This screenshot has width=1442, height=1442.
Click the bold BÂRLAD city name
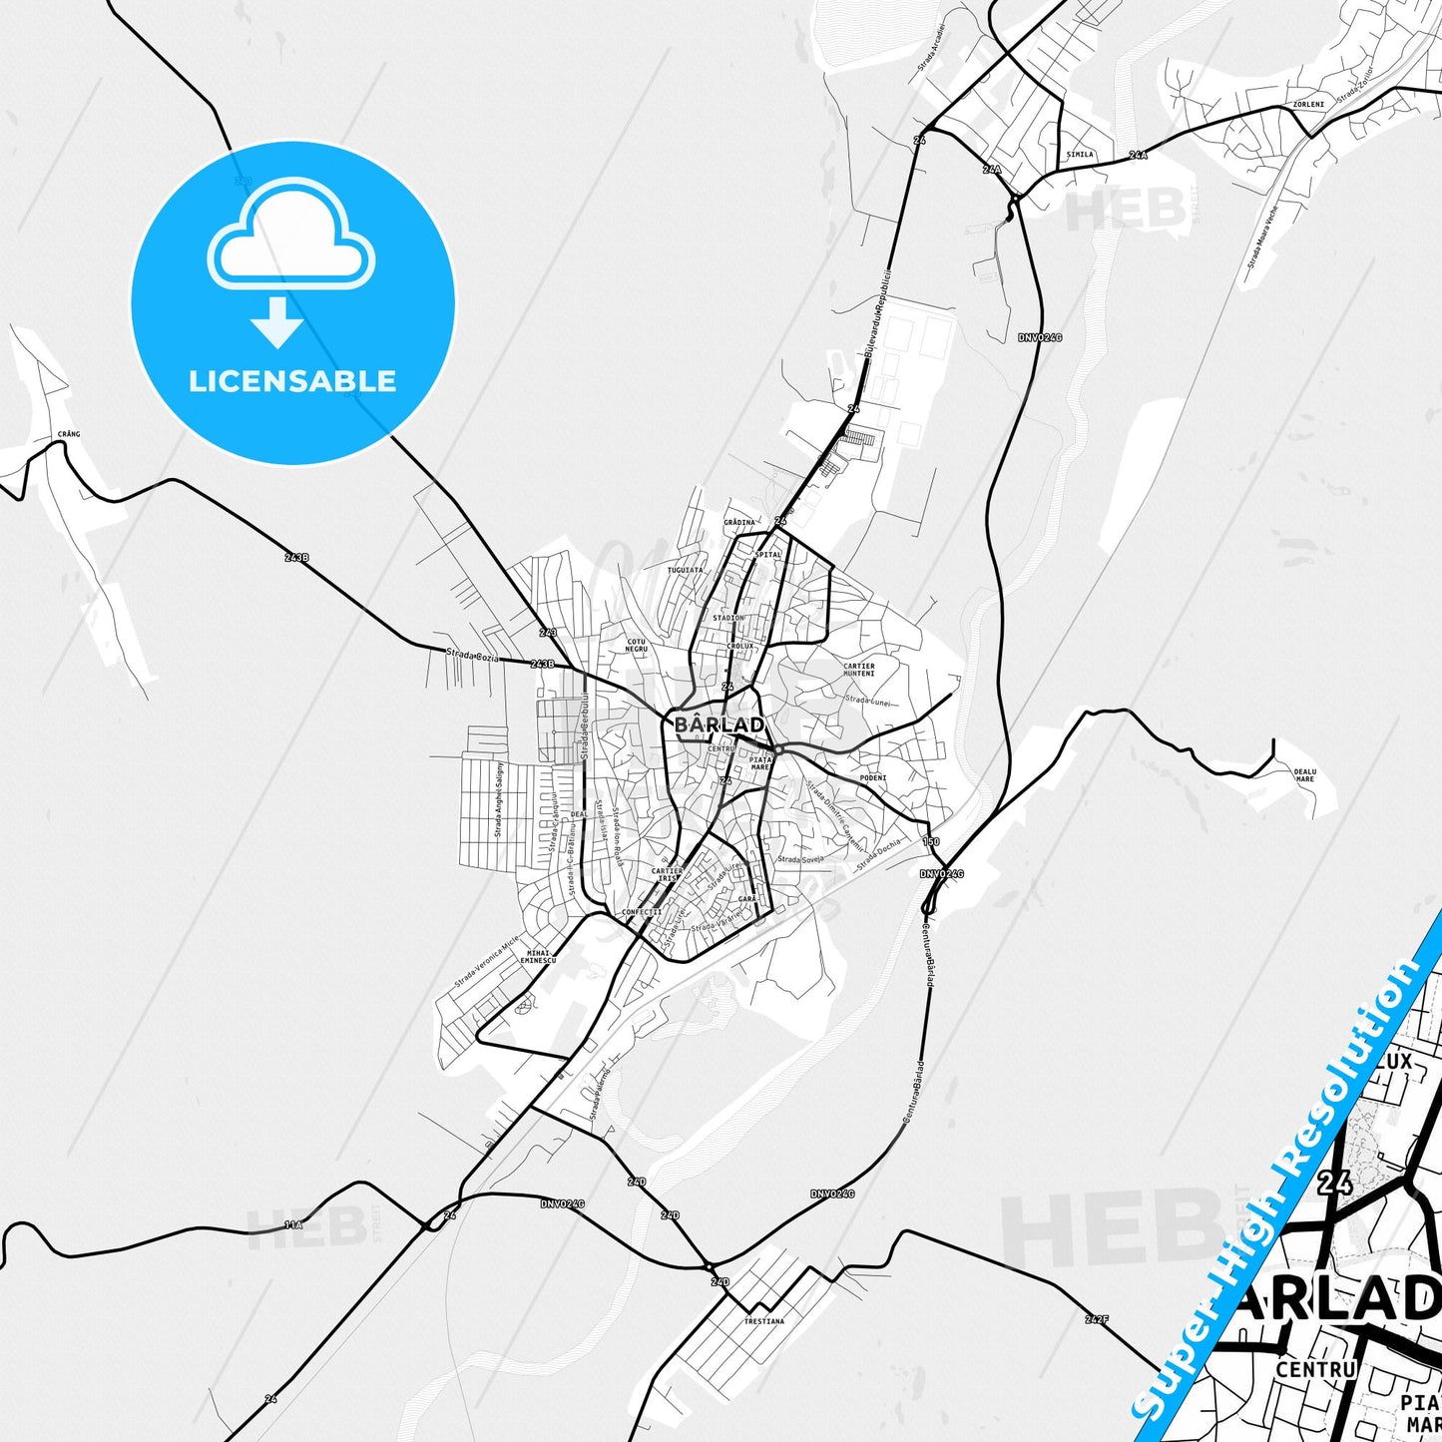[x=720, y=724]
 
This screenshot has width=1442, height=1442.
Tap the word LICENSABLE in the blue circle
[x=292, y=381]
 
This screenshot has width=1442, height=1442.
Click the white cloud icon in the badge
[x=291, y=236]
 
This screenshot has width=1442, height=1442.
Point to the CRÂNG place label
[x=69, y=434]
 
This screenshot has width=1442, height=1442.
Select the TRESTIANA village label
[x=763, y=1321]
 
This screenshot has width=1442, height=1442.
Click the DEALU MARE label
[x=1304, y=774]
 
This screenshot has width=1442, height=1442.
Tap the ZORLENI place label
[x=1307, y=104]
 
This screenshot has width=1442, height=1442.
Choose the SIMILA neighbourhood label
[x=1080, y=155]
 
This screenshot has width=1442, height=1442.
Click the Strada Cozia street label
[x=472, y=656]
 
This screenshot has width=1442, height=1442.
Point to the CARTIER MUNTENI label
[x=858, y=670]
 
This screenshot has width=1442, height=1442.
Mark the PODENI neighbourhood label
[x=872, y=777]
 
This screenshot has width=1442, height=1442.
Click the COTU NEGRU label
[x=636, y=646]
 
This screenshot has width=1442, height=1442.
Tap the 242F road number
[x=1096, y=1319]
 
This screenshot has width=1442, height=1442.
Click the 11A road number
[x=292, y=1224]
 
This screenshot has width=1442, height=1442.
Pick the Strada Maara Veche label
[x=1261, y=238]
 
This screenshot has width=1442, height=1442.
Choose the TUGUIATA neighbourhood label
[x=685, y=570]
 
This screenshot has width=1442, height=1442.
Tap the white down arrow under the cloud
[x=277, y=322]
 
